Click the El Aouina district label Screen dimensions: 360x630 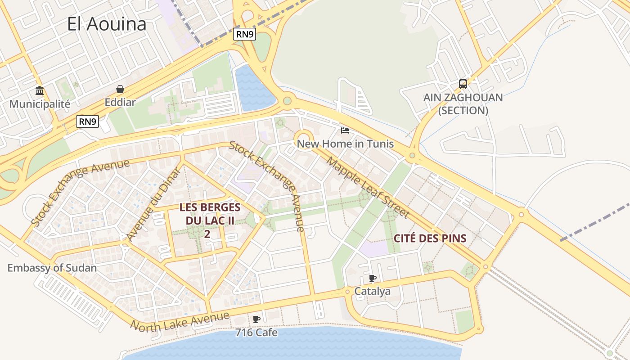(x=107, y=24)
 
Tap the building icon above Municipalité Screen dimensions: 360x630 (x=40, y=91)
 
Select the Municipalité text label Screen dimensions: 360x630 (x=40, y=104)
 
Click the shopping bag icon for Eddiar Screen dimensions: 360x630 (x=120, y=89)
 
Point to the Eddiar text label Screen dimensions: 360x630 (x=120, y=102)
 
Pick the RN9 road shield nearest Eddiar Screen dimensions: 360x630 (x=87, y=121)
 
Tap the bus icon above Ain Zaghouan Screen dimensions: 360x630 (x=463, y=84)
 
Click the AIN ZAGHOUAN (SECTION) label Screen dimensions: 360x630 (x=463, y=104)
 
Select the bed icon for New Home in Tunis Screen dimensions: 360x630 (x=345, y=130)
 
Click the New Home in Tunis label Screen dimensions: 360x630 (x=345, y=144)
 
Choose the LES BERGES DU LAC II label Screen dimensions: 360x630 (x=210, y=214)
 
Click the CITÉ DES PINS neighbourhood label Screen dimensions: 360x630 (x=430, y=238)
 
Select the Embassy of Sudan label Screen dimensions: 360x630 (x=52, y=268)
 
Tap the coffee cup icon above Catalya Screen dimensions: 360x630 (x=372, y=278)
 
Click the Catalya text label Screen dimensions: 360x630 (x=372, y=291)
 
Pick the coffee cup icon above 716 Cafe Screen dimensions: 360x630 (x=256, y=319)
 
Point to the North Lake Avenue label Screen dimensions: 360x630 (x=180, y=320)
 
